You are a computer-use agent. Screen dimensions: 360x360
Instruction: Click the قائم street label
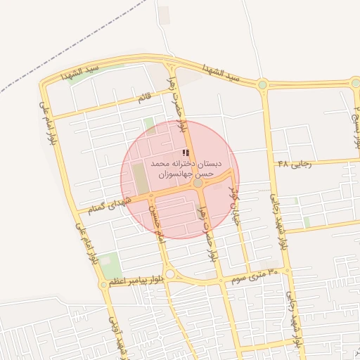tap(145, 99)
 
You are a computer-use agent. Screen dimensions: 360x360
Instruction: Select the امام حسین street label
tap(159, 225)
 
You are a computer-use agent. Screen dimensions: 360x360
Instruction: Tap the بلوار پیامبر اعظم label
tap(134, 279)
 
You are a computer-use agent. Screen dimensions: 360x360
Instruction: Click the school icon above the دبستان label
tap(186, 153)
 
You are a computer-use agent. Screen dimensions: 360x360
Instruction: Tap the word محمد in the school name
tap(162, 163)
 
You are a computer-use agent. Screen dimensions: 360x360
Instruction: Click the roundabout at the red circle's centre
tap(198, 183)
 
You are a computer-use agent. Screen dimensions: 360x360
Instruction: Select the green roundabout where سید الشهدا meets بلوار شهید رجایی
tap(262, 84)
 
